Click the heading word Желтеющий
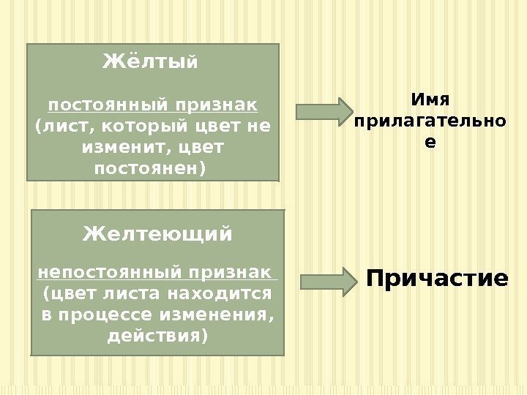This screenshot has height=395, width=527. click(157, 234)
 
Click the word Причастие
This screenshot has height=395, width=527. click(437, 279)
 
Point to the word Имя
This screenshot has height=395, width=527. click(429, 99)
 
